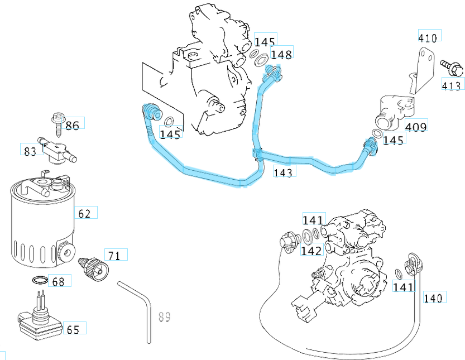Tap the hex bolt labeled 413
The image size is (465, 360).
click(x=453, y=68)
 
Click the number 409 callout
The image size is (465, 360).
click(x=416, y=127)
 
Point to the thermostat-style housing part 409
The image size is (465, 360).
click(x=394, y=108)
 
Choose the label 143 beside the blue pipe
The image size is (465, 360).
click(x=283, y=172)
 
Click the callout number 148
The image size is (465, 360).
click(x=281, y=54)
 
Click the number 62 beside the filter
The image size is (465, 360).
click(x=85, y=213)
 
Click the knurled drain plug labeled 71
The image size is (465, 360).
click(x=93, y=267)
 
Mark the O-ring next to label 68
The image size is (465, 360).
click(x=38, y=281)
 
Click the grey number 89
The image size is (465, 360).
click(x=164, y=317)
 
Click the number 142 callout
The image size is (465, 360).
click(x=311, y=251)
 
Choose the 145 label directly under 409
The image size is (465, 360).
click(x=394, y=140)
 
